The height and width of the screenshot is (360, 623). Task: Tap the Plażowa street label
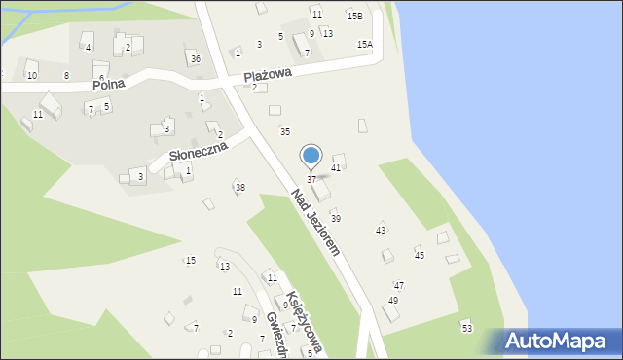(x=268, y=74)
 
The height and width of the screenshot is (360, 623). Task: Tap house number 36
(x=196, y=59)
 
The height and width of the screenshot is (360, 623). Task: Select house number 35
(x=285, y=131)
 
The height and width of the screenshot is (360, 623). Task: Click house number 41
(x=336, y=168)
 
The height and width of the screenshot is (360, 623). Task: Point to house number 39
(x=336, y=219)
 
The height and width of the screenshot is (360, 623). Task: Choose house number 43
(x=381, y=230)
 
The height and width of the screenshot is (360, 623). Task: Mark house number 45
(x=420, y=255)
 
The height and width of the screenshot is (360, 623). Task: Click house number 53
(x=467, y=330)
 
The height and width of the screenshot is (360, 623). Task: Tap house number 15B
(x=355, y=16)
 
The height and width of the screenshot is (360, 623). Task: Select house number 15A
(x=364, y=44)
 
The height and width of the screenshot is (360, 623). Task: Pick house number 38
(x=240, y=187)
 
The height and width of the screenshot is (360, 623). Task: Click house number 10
(x=31, y=75)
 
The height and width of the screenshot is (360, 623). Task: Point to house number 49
(x=393, y=301)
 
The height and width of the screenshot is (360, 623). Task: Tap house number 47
(x=398, y=285)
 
